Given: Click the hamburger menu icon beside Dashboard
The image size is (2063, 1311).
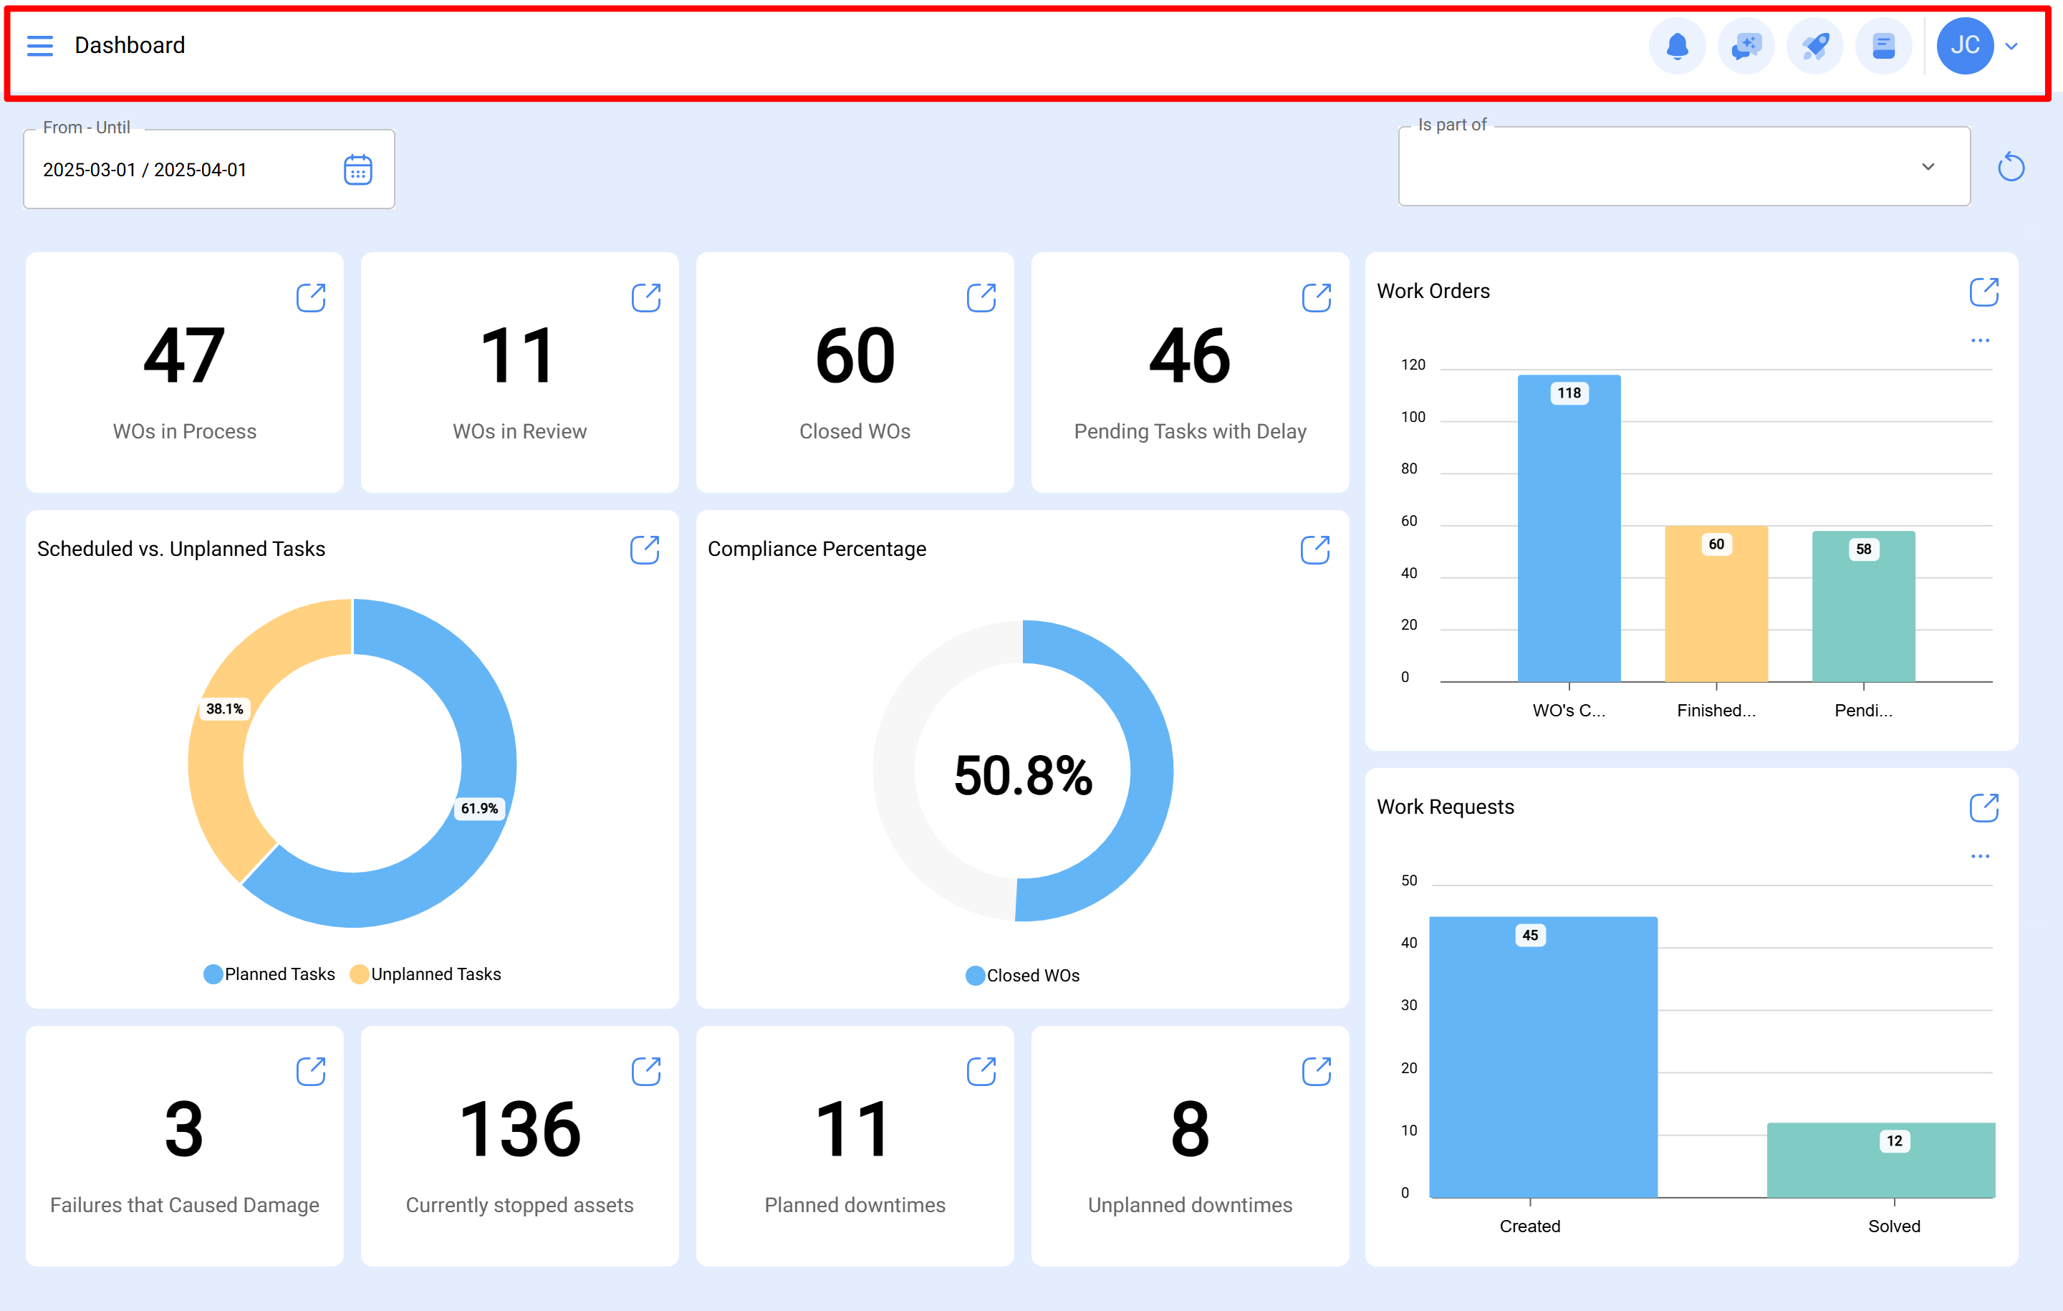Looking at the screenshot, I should [39, 45].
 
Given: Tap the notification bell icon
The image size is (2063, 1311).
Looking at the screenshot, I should [1677, 45].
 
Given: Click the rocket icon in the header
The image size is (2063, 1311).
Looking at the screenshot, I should [1814, 45].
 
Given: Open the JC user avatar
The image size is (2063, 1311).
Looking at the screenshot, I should [1964, 45].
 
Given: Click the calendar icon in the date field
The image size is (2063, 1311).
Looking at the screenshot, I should [357, 170].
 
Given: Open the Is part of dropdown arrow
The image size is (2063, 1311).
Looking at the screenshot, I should [1928, 167].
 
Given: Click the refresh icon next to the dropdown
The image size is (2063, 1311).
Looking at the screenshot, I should [2011, 167].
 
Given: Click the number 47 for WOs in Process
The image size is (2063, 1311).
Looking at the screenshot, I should [184, 357].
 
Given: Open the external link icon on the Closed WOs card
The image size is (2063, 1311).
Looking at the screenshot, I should [981, 298].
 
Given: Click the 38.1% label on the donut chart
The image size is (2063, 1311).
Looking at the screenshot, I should [224, 709].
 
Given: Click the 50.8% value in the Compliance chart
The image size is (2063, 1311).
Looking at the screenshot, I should [1023, 775].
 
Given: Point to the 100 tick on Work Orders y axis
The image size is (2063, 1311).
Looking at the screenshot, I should [1413, 417].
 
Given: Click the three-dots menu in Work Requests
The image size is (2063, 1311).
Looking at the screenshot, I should [1980, 856].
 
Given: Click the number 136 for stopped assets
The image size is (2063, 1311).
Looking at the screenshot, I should [519, 1129].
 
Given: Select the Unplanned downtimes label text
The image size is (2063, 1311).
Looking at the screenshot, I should [1189, 1205].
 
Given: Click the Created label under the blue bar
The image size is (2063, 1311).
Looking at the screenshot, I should [1529, 1226].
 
